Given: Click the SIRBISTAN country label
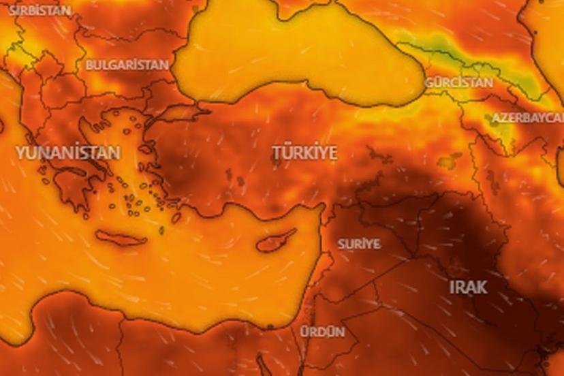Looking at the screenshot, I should [x=40, y=10].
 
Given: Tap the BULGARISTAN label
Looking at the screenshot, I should [x=127, y=65].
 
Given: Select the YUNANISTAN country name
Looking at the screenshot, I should [x=68, y=152].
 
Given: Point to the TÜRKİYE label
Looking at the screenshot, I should [x=304, y=153].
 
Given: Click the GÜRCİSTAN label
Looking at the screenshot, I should [x=458, y=82].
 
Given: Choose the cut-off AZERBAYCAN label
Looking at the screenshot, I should [x=527, y=118].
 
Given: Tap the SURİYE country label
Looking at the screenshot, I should [x=359, y=243].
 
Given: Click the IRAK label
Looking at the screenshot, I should [x=468, y=287].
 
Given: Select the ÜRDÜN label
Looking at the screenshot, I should [x=322, y=332].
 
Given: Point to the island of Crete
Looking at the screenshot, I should [x=121, y=238].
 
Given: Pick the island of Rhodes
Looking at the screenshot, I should [x=176, y=217].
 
